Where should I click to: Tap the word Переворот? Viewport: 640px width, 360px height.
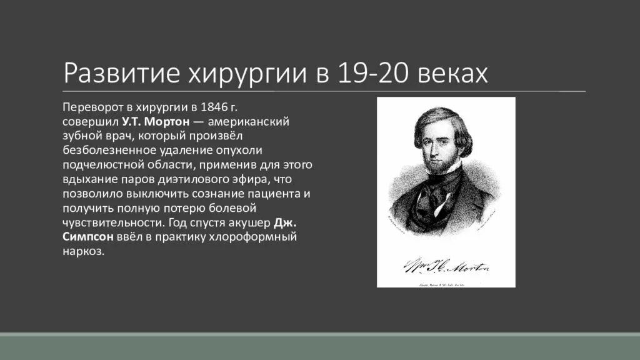click(x=91, y=106)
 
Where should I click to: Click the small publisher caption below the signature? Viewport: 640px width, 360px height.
click(x=445, y=282)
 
